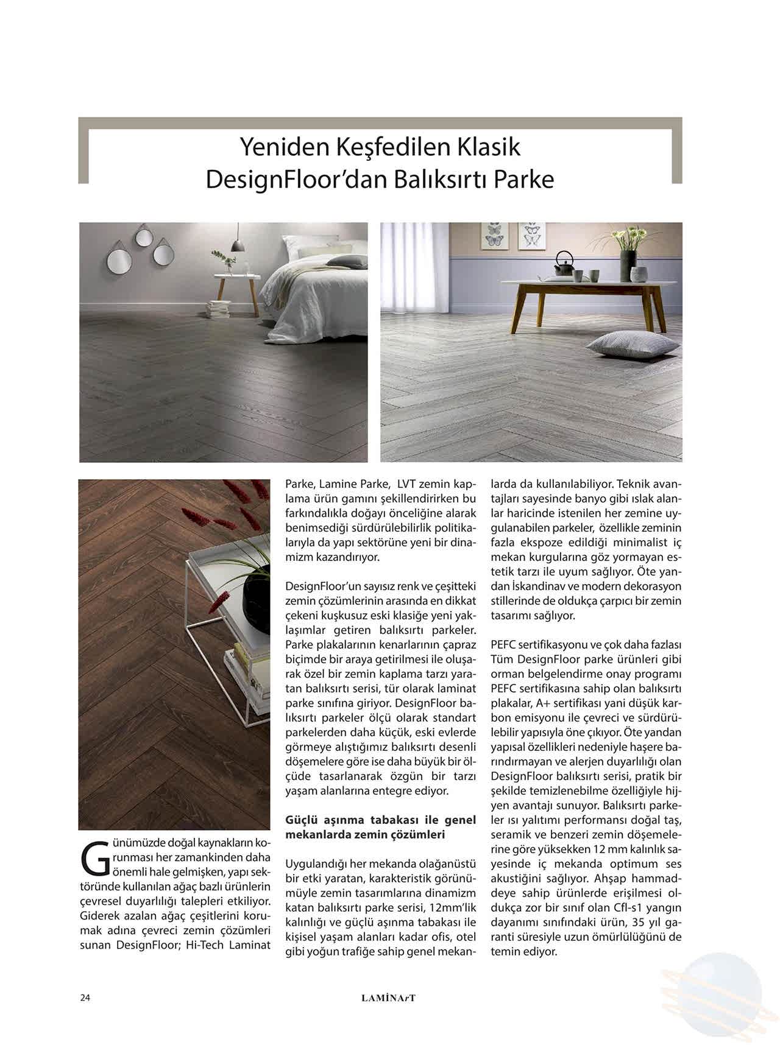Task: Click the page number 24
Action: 85,997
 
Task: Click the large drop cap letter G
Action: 94,857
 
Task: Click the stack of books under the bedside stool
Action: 218,309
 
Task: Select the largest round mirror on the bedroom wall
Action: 119,261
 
